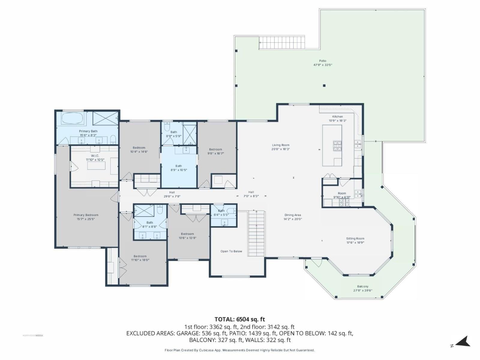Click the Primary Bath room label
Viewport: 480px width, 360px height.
pos(88,131)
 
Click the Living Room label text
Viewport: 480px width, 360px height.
pos(280,145)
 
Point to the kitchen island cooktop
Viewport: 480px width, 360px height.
pos(337,145)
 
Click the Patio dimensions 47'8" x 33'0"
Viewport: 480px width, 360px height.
pos(322,65)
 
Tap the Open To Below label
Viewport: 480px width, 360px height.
pos(231,251)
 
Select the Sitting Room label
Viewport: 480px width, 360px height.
pos(355,239)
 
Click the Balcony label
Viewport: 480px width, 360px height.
pos(363,286)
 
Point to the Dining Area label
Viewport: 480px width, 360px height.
pos(293,215)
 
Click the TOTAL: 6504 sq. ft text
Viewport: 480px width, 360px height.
pos(240,319)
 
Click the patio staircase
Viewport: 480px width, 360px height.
pos(282,42)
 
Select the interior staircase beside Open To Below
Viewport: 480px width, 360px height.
pos(256,233)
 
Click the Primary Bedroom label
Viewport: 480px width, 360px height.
pos(86,215)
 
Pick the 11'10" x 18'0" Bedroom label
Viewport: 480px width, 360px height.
pos(140,256)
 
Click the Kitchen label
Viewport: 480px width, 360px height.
pos(337,117)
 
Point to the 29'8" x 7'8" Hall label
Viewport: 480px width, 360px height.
pos(172,193)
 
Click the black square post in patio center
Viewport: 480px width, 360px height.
pos(324,85)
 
